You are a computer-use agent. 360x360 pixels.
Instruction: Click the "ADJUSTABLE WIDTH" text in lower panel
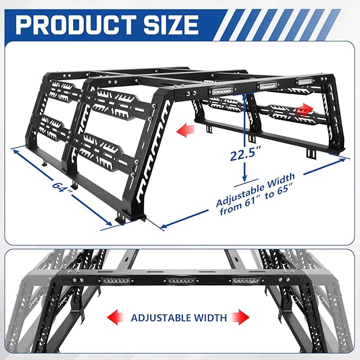[179, 318]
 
